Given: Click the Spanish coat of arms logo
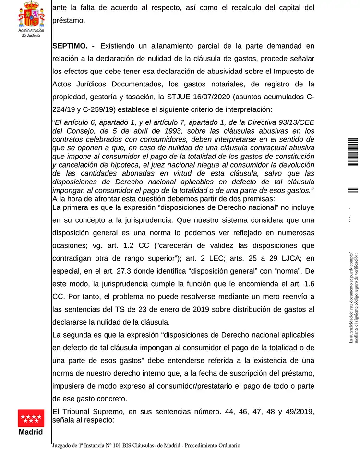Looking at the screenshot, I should tap(31, 14).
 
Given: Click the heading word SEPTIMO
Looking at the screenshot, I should tap(70, 46).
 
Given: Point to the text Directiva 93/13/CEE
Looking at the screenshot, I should tap(282, 122).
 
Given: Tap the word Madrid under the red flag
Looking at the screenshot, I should tap(31, 431).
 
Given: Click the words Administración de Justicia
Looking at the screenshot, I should tap(31, 33).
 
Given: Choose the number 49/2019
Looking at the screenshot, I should tap(299, 411).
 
